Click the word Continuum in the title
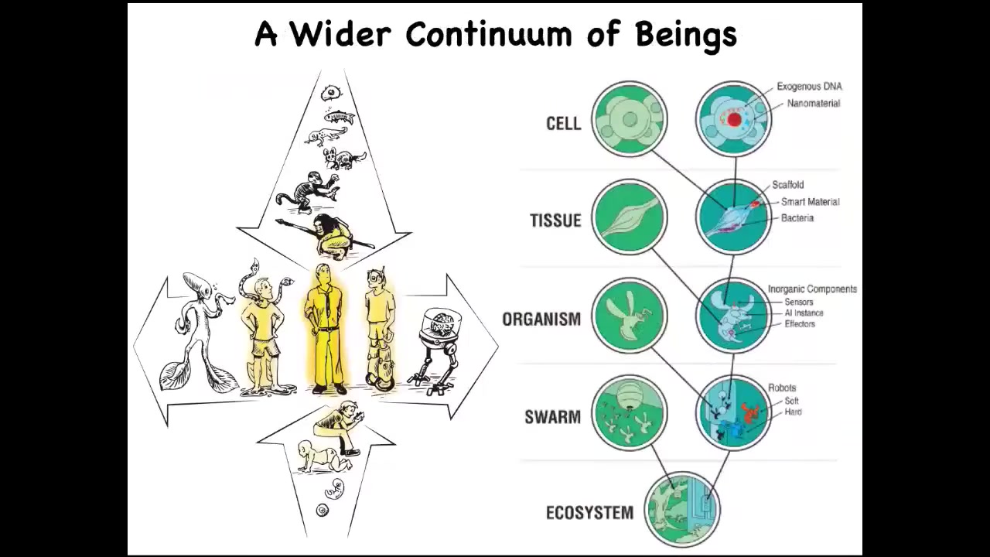tap(490, 34)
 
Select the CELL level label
tap(564, 123)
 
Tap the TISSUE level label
tap(555, 220)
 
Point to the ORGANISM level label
tap(541, 319)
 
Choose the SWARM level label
tap(552, 417)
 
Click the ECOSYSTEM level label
tap(589, 513)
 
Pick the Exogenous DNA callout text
tap(809, 86)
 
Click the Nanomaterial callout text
tap(813, 104)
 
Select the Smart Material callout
tap(810, 202)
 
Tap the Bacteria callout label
tap(797, 218)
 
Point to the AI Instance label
tap(804, 313)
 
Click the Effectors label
tap(800, 324)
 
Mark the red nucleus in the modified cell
tap(734, 119)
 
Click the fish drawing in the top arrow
tap(340, 117)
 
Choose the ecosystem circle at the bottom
tap(682, 510)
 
